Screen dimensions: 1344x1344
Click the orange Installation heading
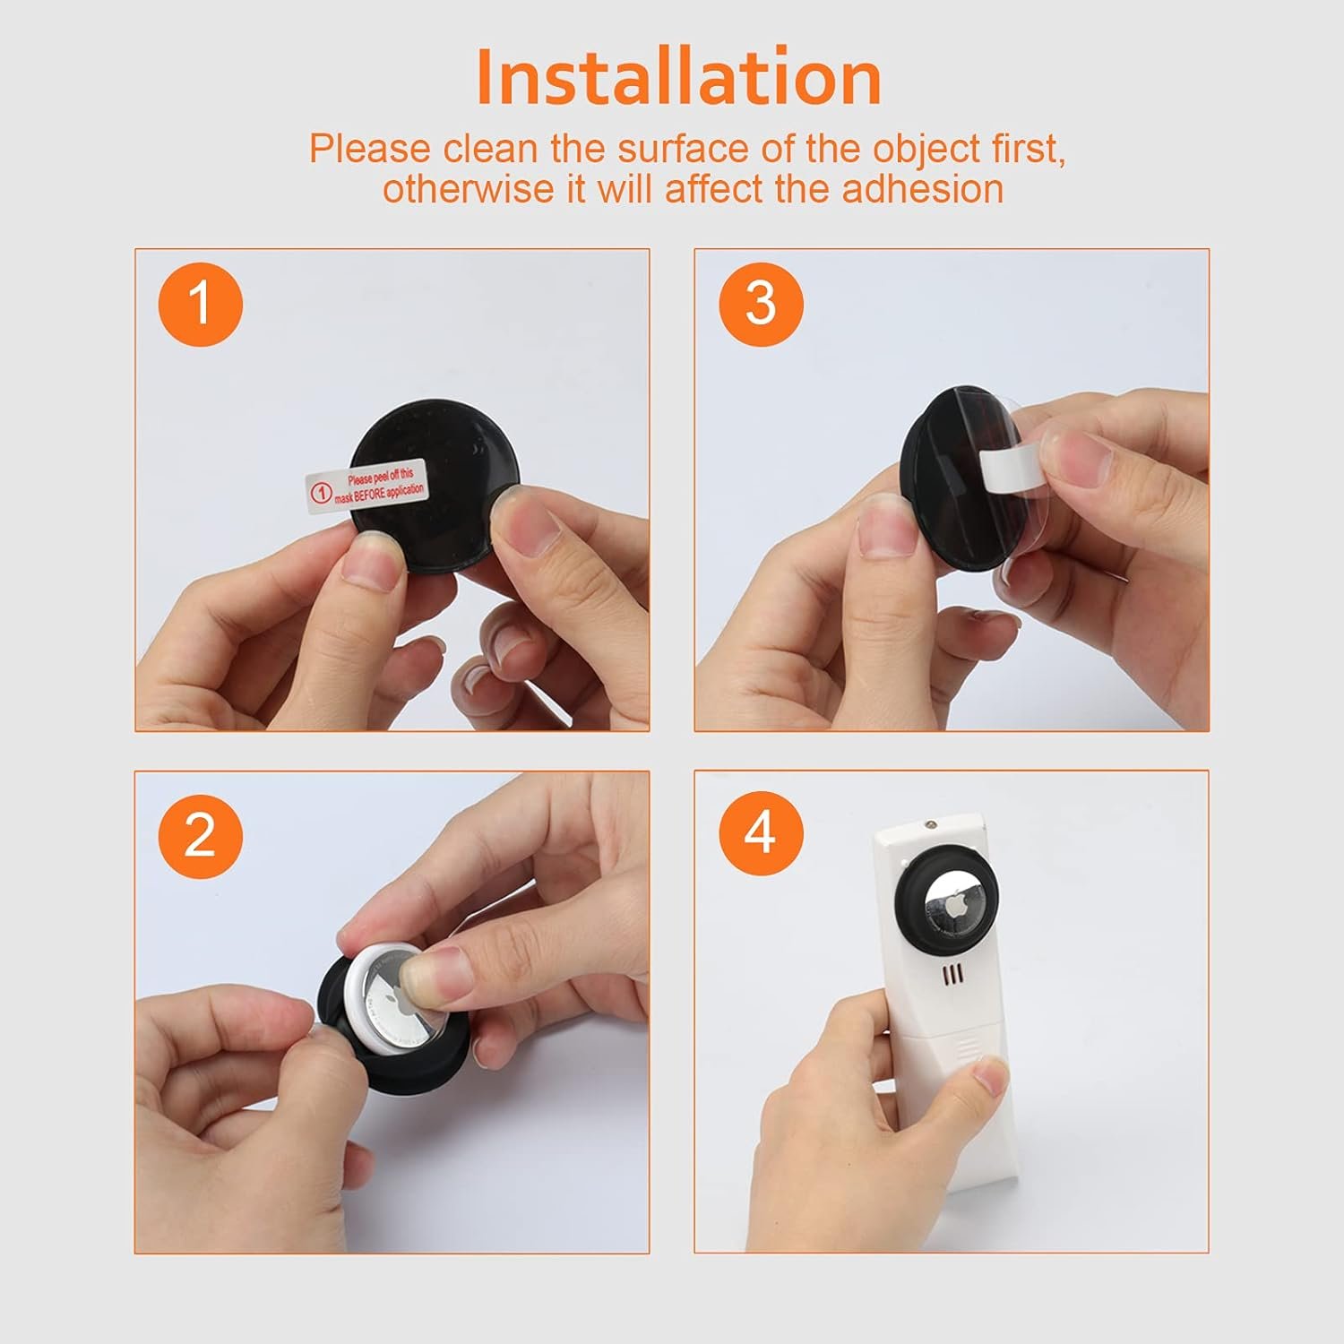[x=678, y=78]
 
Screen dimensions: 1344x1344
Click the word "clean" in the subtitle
[x=490, y=149]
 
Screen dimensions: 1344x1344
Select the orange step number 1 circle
[x=200, y=304]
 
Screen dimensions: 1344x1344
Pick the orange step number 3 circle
[x=760, y=304]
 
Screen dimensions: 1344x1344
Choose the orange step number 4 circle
[x=760, y=833]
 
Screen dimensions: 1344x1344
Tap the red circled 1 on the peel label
[x=321, y=492]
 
